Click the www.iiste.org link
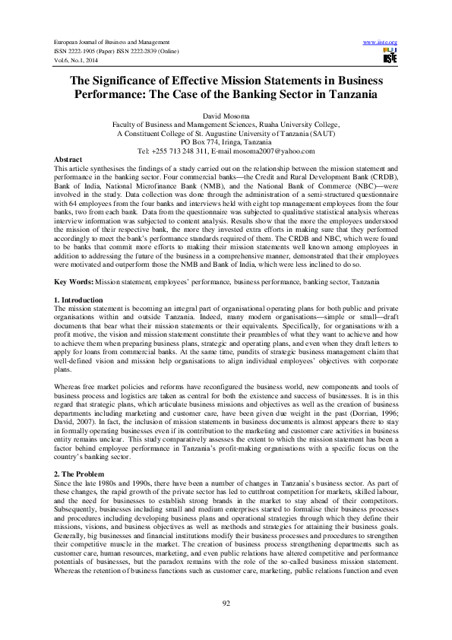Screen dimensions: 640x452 [x=381, y=41]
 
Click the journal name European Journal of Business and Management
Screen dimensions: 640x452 [x=112, y=41]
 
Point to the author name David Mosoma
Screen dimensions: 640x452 [x=226, y=113]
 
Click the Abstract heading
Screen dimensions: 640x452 [x=70, y=159]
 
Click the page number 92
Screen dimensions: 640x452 [x=226, y=602]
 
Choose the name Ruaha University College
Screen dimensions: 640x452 [x=297, y=123]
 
